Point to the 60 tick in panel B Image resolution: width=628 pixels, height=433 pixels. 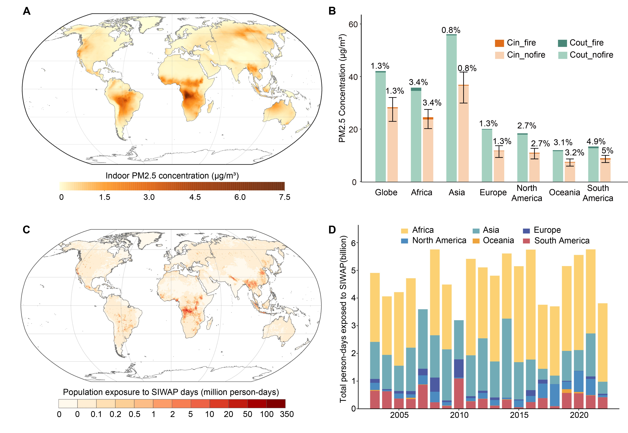[x=353, y=24]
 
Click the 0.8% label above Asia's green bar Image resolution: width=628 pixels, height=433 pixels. [x=451, y=30]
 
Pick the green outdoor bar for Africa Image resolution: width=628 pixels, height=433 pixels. [x=416, y=136]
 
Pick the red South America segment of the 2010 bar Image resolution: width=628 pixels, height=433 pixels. [x=459, y=393]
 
